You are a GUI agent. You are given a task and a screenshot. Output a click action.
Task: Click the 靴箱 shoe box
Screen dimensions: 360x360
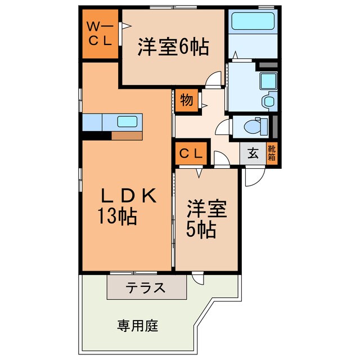(272, 153)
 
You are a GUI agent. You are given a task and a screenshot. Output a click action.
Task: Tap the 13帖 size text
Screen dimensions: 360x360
(118, 216)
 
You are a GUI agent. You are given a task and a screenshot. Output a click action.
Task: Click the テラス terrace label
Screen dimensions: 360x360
(146, 288)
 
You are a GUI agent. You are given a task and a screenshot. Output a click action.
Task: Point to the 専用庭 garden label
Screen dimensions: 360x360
(138, 325)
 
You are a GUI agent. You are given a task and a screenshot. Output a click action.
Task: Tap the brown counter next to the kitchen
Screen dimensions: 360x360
(127, 136)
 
